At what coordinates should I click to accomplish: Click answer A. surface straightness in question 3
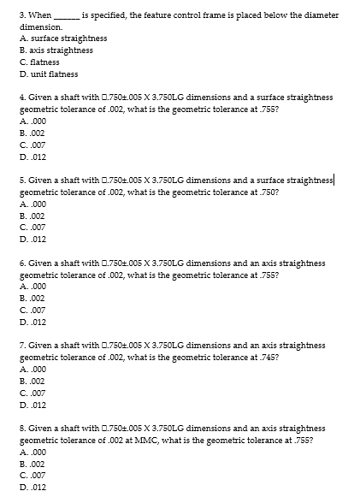pyautogui.click(x=56, y=38)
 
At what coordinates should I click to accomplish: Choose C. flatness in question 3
pyautogui.click(x=41, y=62)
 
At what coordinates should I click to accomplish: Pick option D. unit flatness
pyautogui.click(x=47, y=74)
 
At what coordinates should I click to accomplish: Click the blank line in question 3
pyautogui.click(x=67, y=16)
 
